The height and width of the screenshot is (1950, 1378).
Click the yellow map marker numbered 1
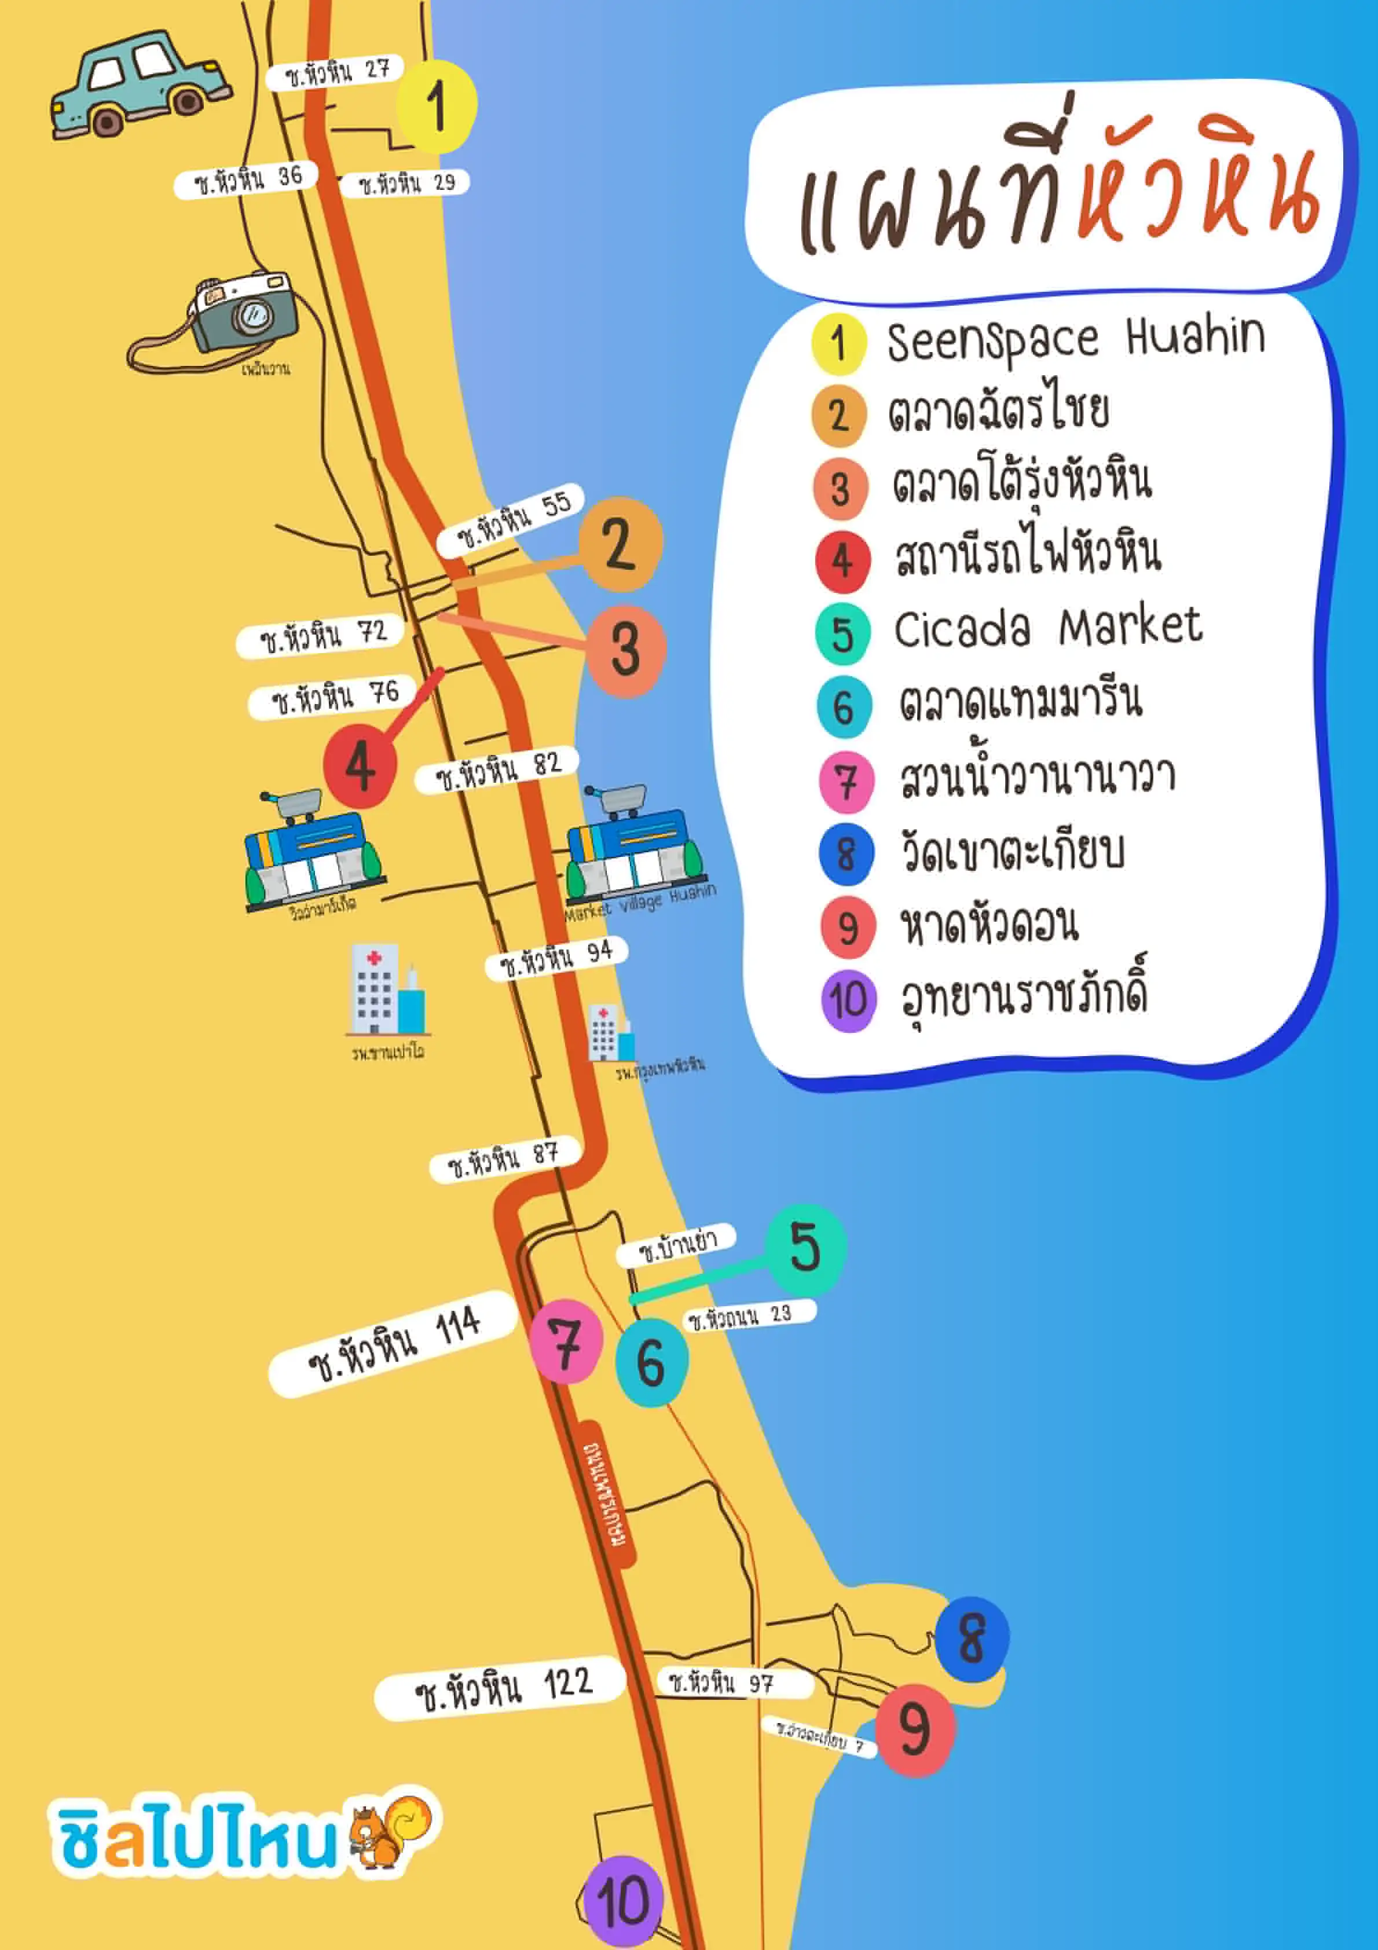click(x=437, y=106)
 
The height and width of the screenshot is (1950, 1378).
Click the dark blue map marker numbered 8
click(x=972, y=1639)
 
